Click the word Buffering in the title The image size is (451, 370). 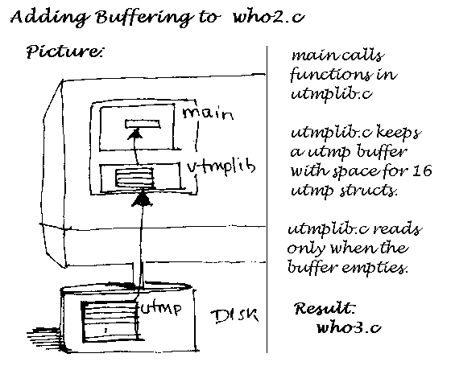tap(144, 18)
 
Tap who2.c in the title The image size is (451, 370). tap(269, 17)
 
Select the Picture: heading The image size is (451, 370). tap(64, 51)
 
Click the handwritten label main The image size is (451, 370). tap(208, 113)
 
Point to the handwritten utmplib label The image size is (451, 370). tap(221, 167)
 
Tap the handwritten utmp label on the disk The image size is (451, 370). tap(161, 308)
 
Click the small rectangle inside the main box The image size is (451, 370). tap(143, 124)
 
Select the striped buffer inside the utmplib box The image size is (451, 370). tap(134, 178)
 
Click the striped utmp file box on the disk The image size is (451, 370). tap(110, 321)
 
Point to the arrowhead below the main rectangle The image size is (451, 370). tap(135, 134)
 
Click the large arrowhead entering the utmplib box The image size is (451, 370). tap(142, 199)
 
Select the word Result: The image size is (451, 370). tap(325, 309)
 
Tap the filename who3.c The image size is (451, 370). tap(349, 327)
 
